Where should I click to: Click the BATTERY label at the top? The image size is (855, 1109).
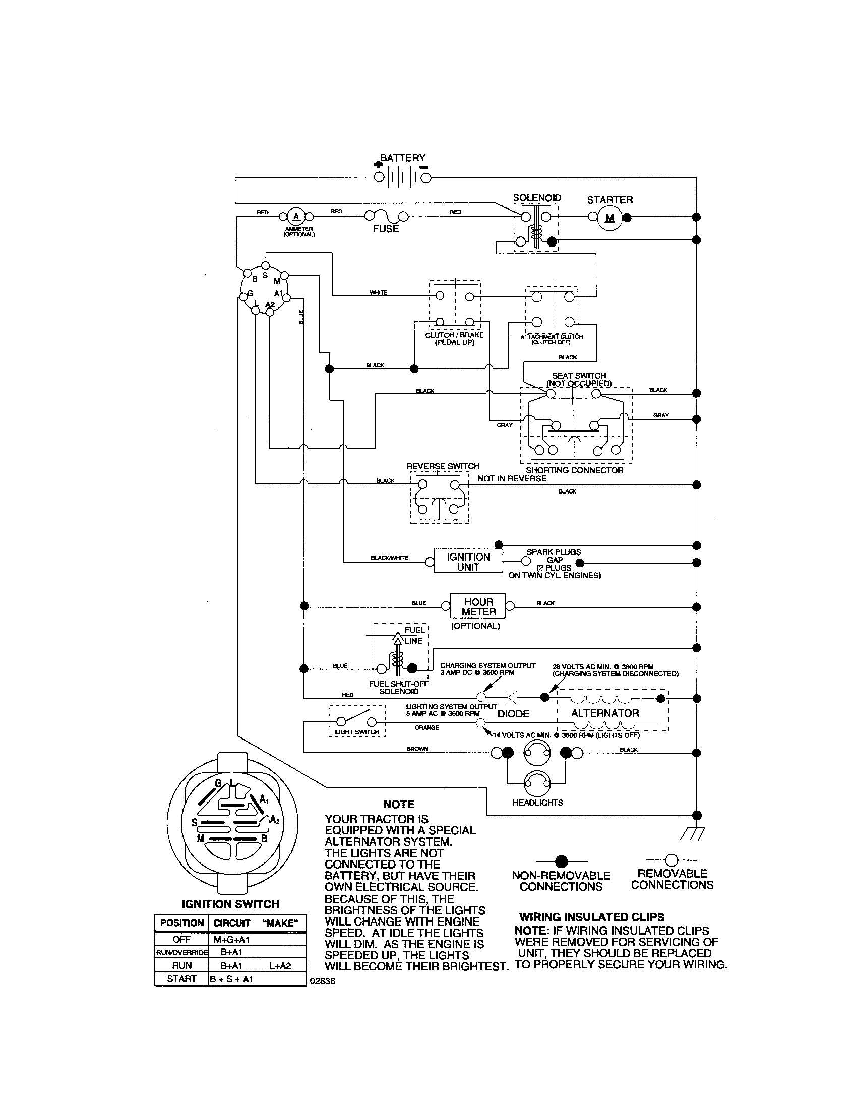403,158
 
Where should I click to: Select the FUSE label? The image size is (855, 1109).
386,229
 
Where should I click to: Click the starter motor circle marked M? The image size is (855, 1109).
610,217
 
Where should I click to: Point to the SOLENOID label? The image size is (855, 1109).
537,198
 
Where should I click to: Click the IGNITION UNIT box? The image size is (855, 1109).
468,562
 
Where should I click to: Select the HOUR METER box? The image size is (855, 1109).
478,607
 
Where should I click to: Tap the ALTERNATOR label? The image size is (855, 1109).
604,713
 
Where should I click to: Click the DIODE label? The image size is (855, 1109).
513,714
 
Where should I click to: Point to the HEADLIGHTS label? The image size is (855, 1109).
538,803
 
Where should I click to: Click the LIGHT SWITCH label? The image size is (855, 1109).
357,732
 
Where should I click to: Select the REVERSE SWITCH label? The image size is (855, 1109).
443,466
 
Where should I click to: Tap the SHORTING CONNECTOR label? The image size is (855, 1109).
574,470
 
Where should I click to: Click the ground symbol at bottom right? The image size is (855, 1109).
692,833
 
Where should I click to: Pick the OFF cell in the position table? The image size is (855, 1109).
181,940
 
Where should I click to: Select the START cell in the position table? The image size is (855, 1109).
181,979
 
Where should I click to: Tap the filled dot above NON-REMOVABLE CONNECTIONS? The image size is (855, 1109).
561,861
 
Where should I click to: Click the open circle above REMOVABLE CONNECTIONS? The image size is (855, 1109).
671,859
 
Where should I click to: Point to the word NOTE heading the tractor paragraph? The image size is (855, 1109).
399,804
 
